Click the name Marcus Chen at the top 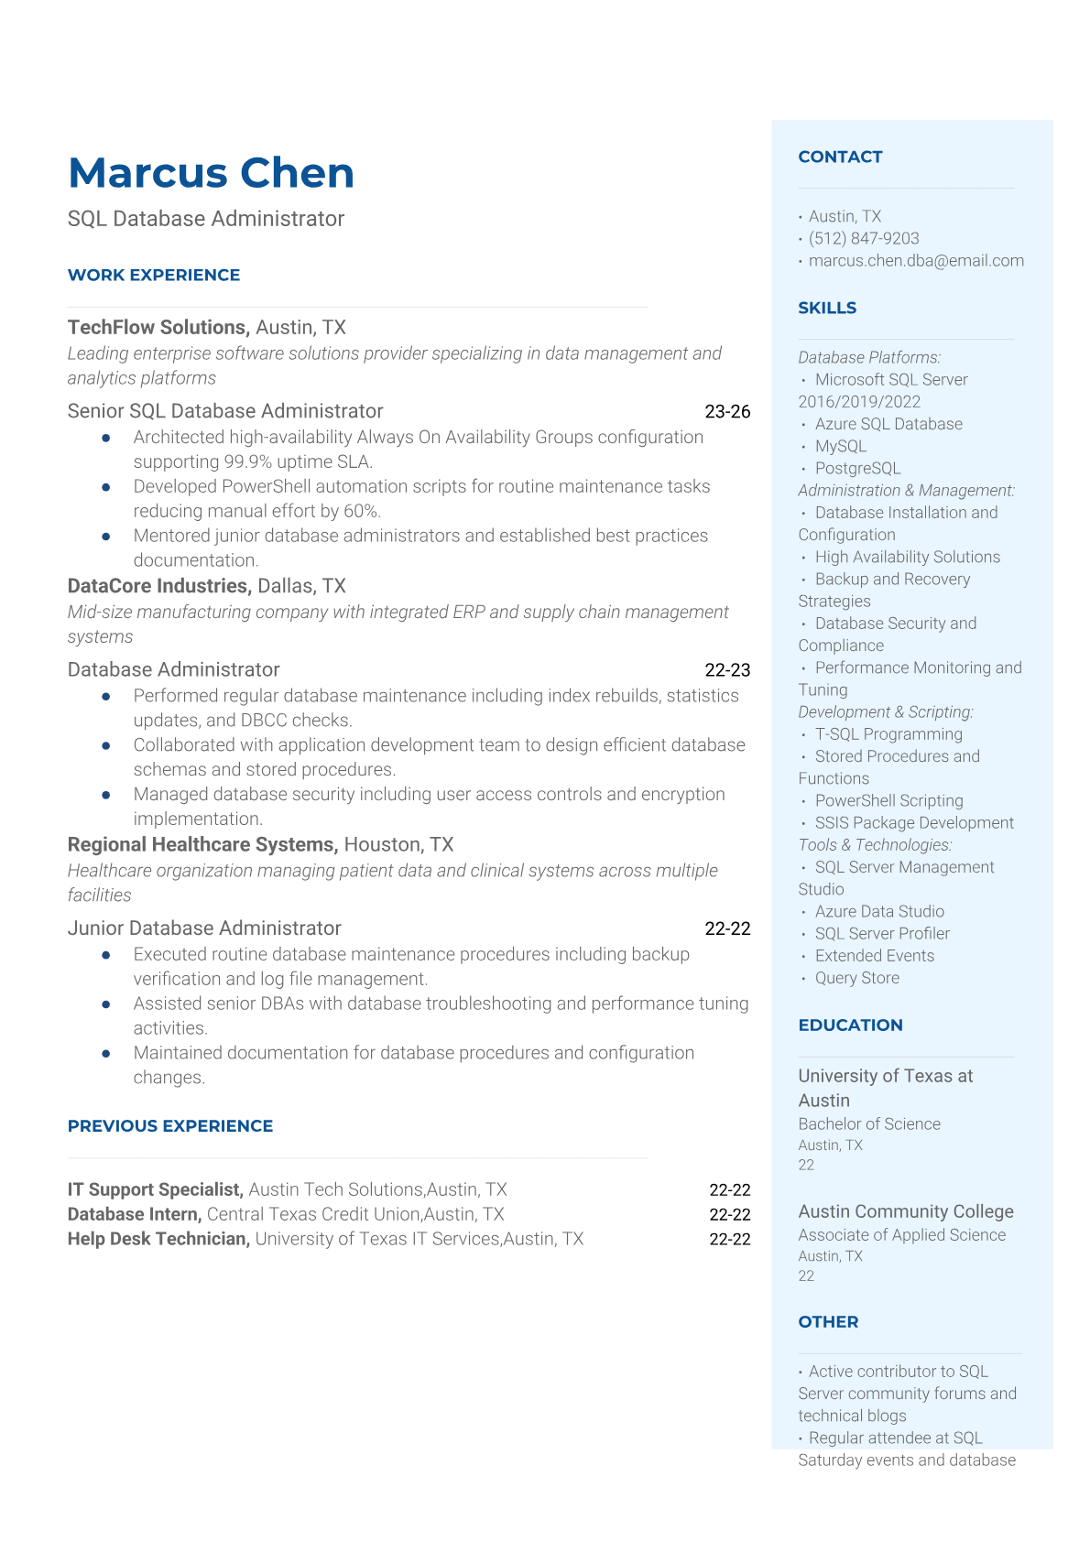point(211,173)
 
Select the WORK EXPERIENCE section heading point(154,275)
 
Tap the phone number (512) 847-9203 point(864,238)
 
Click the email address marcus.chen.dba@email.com point(916,261)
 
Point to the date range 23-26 point(727,412)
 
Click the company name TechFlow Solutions point(158,328)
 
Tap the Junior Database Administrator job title point(204,928)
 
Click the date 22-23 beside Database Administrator point(727,670)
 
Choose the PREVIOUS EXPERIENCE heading point(170,1126)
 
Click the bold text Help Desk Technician point(158,1239)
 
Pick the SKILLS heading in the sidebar point(827,308)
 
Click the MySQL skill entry point(840,446)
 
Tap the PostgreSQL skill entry point(857,468)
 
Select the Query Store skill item point(856,978)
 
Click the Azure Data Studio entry point(879,911)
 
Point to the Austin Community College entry point(906,1211)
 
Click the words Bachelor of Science point(869,1123)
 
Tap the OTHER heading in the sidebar point(828,1321)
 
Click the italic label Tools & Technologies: point(875,845)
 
